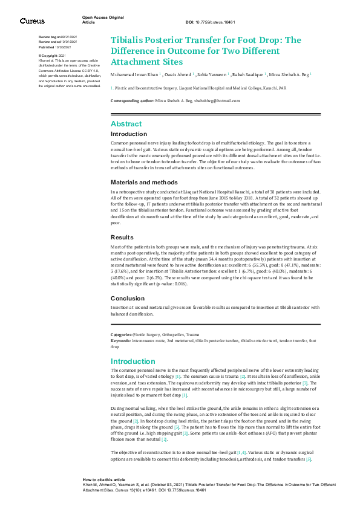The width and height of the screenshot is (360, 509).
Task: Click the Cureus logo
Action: pyautogui.click(x=32, y=21)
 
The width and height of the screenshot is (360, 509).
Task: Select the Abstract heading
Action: pyautogui.click(x=126, y=123)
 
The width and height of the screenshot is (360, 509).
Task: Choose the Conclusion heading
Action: pyautogui.click(x=128, y=299)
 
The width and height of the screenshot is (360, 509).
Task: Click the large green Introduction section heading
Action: pyautogui.click(x=134, y=361)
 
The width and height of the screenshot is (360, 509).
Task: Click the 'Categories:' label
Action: pyautogui.click(x=121, y=334)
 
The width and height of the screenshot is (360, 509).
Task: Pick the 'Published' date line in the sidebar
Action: pyautogui.click(x=54, y=47)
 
